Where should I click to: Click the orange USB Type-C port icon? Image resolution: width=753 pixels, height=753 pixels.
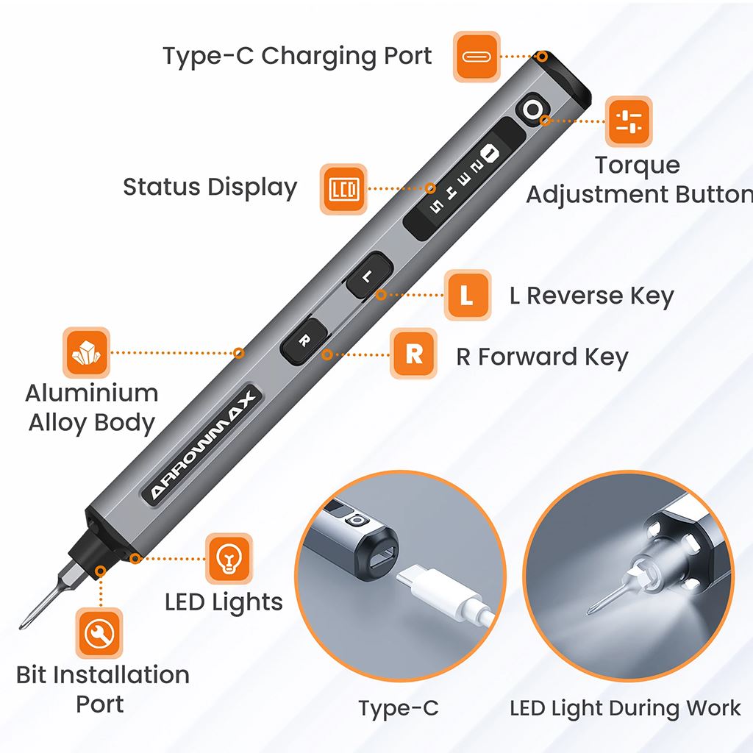(477, 56)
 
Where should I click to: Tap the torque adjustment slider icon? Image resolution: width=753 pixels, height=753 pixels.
(629, 122)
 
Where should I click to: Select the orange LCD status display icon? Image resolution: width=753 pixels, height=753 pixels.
(343, 189)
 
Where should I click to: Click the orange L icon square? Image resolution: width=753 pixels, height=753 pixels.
(467, 296)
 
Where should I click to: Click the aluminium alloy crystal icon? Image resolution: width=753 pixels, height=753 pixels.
(87, 353)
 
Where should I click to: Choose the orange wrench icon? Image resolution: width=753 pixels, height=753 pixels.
(100, 633)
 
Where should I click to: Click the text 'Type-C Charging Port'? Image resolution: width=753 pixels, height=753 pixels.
(297, 56)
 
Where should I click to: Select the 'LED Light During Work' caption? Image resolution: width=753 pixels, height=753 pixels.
(625, 708)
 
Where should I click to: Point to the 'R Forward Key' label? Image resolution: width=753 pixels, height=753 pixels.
(542, 357)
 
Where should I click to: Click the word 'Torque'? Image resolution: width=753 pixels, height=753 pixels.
(637, 165)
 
